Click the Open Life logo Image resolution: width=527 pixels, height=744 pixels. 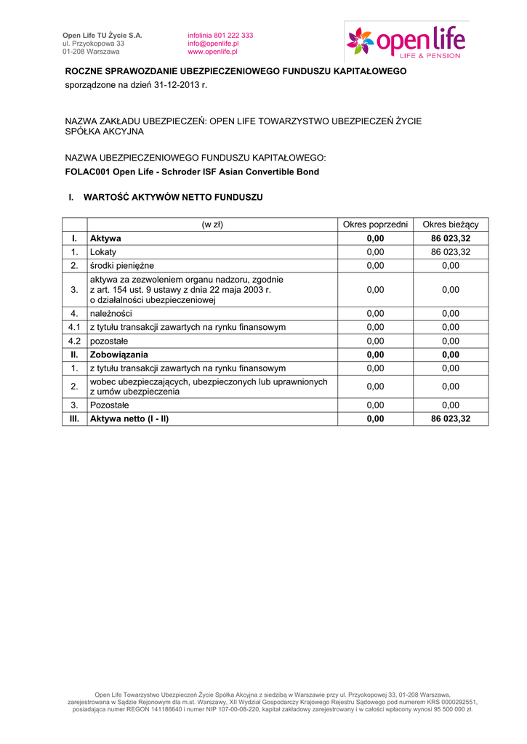[406, 41]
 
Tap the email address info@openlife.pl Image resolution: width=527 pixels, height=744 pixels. [213, 44]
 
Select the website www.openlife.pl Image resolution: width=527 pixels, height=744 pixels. [212, 52]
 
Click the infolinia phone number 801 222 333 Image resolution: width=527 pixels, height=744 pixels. [231, 35]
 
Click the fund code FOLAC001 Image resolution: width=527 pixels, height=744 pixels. [87, 172]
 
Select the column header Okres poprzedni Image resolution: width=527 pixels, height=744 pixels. [375, 225]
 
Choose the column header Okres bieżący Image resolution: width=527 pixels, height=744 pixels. [451, 225]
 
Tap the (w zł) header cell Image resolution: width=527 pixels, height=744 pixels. [212, 225]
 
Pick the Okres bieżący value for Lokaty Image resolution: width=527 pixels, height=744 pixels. [451, 252]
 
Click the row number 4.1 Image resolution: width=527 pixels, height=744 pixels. [74, 327]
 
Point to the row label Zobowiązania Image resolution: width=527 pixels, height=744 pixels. [118, 355]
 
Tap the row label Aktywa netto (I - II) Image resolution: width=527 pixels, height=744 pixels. [129, 419]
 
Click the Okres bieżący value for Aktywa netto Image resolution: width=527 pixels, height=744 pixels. [451, 419]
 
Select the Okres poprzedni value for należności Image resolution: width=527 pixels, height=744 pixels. [375, 313]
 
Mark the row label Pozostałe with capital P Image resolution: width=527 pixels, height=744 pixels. [109, 405]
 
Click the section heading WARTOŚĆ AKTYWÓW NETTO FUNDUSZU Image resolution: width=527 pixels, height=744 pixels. [173, 197]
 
